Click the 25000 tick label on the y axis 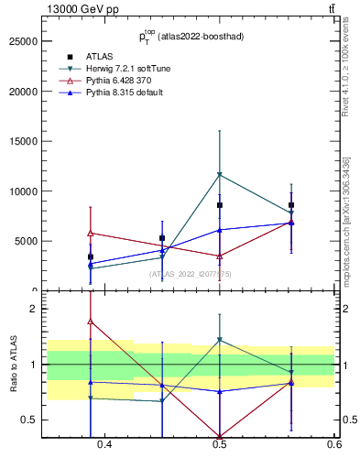pyautogui.click(x=22, y=42)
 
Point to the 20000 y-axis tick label pyautogui.click(x=22, y=92)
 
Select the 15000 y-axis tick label pyautogui.click(x=22, y=142)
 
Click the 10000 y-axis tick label pyautogui.click(x=22, y=191)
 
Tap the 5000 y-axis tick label pyautogui.click(x=25, y=242)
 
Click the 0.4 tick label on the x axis pyautogui.click(x=105, y=445)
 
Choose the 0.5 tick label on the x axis pyautogui.click(x=220, y=445)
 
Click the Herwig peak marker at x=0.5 pyautogui.click(x=220, y=174)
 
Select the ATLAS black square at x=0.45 pyautogui.click(x=162, y=238)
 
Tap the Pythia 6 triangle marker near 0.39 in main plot pyautogui.click(x=90, y=233)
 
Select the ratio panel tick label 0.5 pyautogui.click(x=29, y=420)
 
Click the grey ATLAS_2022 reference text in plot pyautogui.click(x=191, y=274)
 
